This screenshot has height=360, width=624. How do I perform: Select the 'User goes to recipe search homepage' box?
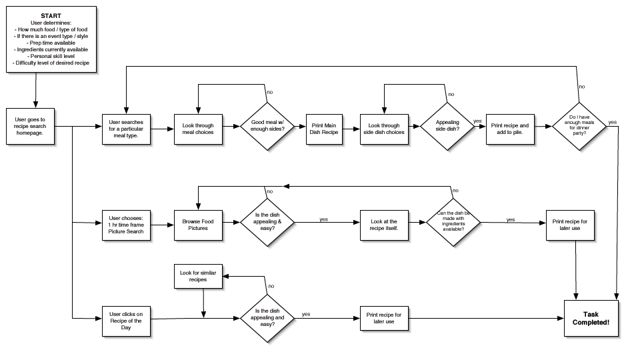click(x=35, y=125)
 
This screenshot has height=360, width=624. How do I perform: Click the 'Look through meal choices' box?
click(x=198, y=125)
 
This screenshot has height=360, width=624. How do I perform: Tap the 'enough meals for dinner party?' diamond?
click(x=579, y=125)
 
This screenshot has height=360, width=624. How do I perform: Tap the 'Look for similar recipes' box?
click(x=198, y=275)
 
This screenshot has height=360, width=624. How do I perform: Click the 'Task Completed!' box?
click(x=591, y=318)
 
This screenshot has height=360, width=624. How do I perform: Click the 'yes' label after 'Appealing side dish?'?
click(x=477, y=121)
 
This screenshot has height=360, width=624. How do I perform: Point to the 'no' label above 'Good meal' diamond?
click(x=269, y=92)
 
